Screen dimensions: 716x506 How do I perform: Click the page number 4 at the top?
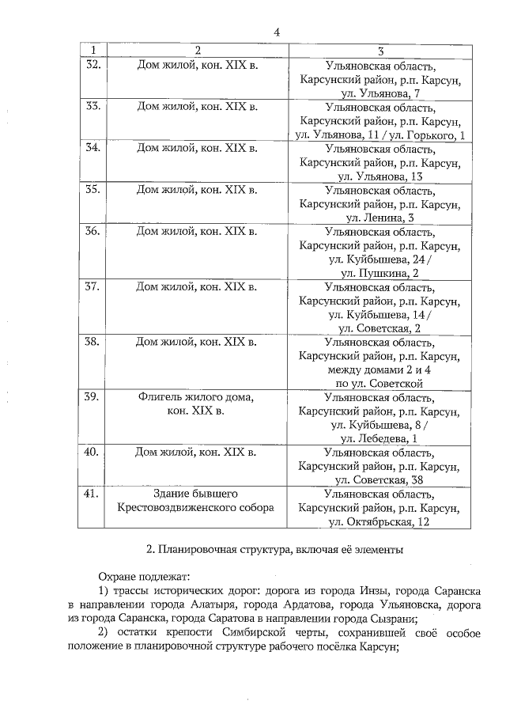[x=277, y=32]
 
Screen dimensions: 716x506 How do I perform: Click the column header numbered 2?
[x=197, y=51]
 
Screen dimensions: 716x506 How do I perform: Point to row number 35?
[x=92, y=189]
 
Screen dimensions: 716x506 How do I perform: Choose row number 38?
[x=92, y=342]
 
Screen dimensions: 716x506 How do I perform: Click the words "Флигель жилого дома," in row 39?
[x=196, y=397]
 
